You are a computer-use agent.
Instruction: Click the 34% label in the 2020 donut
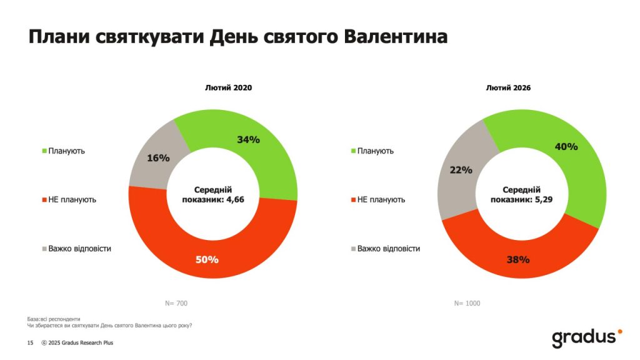248,139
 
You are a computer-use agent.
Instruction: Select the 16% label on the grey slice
158,158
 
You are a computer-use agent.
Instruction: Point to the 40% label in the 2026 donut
566,147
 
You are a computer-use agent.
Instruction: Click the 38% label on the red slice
519,259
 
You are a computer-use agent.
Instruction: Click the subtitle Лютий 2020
229,88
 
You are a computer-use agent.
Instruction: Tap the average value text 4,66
231,200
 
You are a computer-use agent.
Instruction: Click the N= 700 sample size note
176,303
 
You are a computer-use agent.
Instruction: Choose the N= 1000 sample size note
467,303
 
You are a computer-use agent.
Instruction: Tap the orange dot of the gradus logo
619,331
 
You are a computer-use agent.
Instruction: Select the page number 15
30,342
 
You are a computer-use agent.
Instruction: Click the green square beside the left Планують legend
44,151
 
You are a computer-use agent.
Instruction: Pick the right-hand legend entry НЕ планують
381,199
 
